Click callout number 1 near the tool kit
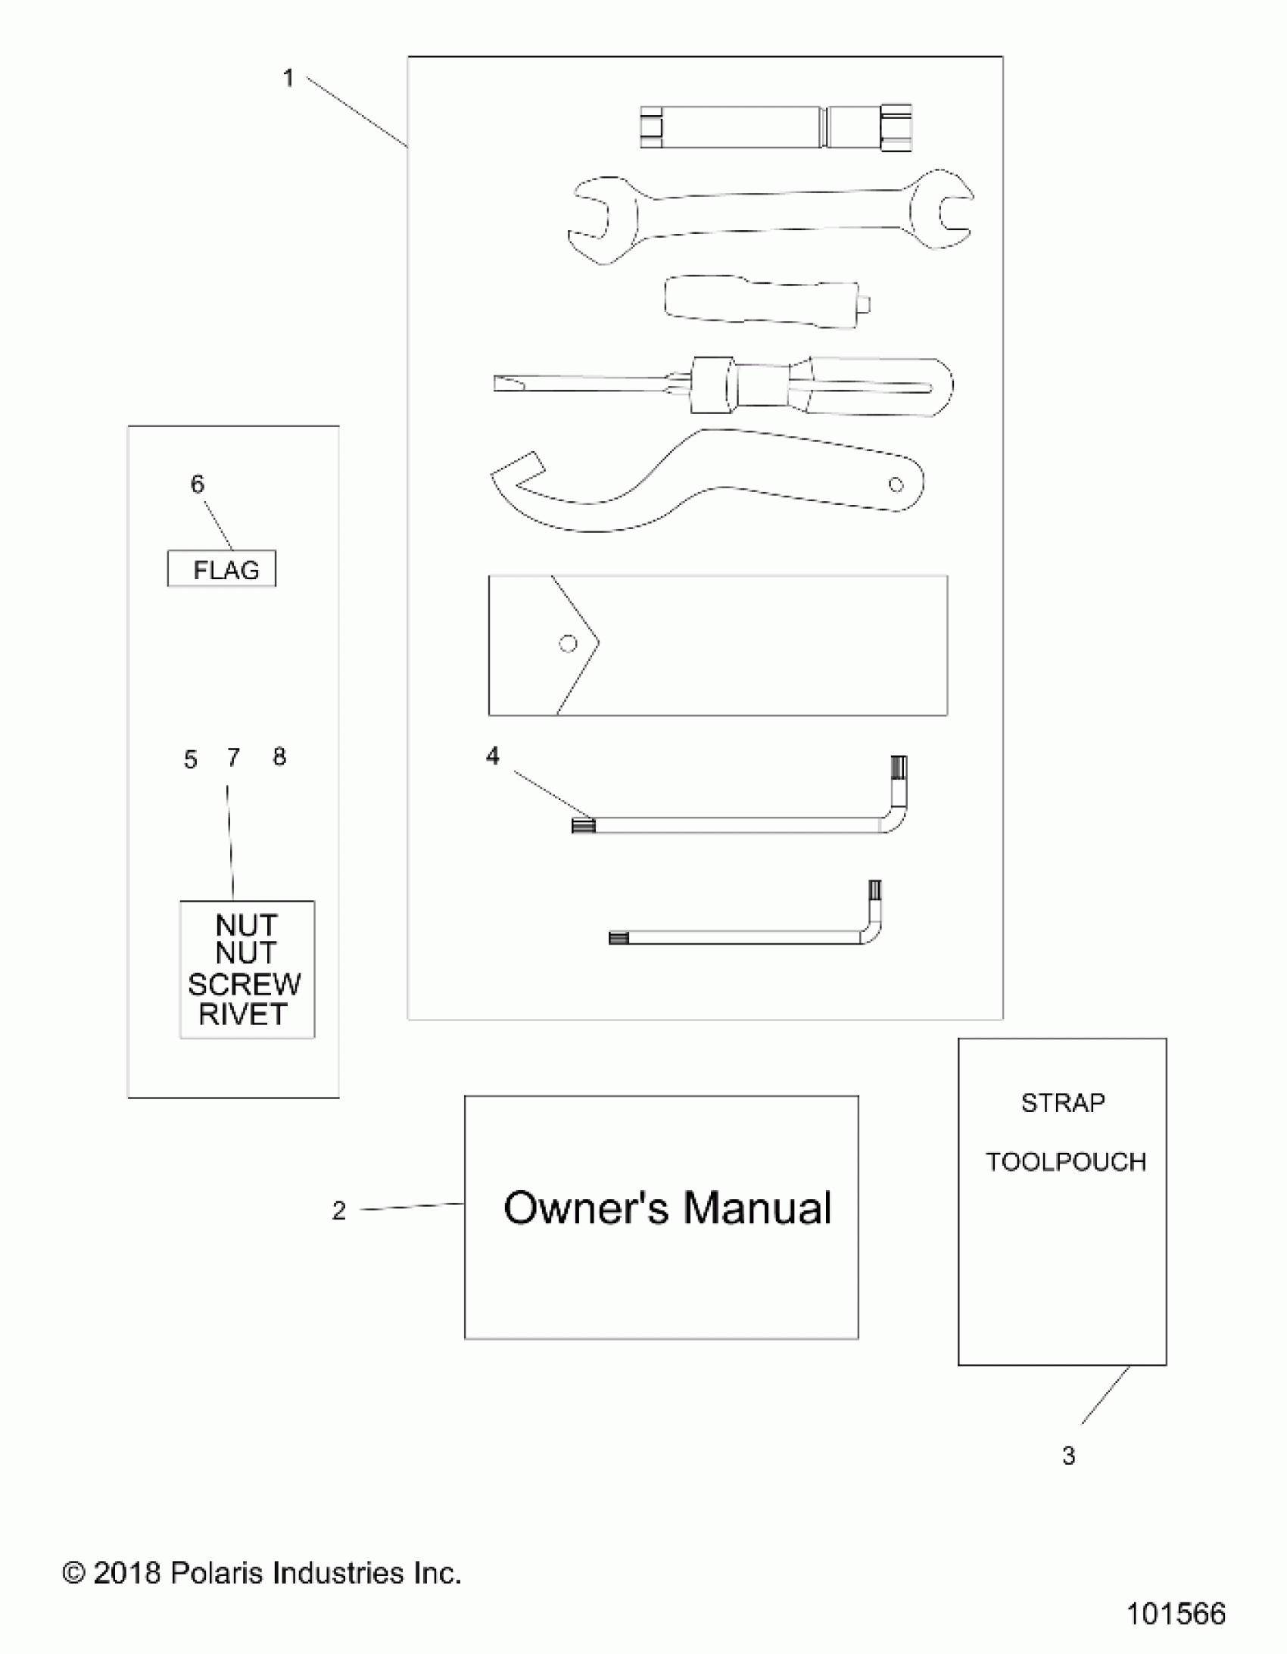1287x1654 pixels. [x=288, y=78]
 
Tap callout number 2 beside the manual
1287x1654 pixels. [x=338, y=1211]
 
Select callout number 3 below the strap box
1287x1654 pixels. [x=1068, y=1456]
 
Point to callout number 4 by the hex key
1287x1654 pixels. [x=492, y=755]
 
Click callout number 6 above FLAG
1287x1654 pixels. [x=197, y=484]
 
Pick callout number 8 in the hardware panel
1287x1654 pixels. [x=279, y=756]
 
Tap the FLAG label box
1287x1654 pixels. [x=222, y=568]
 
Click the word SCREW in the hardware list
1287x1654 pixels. [x=244, y=985]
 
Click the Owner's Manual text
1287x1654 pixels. [x=668, y=1208]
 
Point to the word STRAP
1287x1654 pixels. [x=1063, y=1103]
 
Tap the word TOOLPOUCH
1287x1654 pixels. [x=1065, y=1162]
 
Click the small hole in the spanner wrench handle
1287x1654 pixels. [x=896, y=484]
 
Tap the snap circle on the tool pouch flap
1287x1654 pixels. [x=567, y=643]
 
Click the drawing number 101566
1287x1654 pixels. [x=1176, y=1613]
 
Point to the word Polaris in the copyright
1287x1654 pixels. [x=217, y=1573]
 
